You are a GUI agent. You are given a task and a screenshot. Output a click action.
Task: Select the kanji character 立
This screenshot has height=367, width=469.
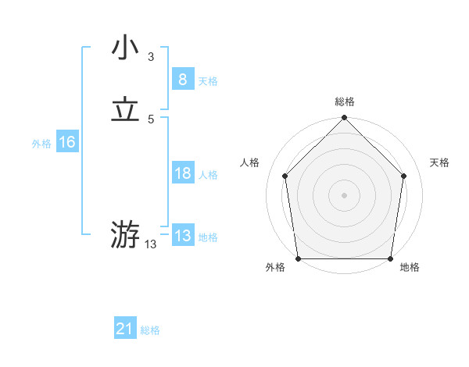click(x=125, y=110)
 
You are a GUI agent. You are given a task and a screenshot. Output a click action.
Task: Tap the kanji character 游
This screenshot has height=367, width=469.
click(x=125, y=233)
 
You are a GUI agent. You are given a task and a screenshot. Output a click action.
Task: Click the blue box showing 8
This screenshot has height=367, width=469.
click(x=182, y=80)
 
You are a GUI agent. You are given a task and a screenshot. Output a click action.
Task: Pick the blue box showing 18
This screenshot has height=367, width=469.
click(x=182, y=173)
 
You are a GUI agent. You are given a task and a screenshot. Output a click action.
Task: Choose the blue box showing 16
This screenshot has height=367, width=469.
click(x=66, y=142)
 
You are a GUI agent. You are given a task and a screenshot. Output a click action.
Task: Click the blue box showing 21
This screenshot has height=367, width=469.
click(x=124, y=330)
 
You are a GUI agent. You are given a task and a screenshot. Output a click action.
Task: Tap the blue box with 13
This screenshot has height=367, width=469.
click(x=182, y=236)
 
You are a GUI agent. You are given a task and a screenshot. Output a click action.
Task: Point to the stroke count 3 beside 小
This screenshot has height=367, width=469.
click(x=151, y=56)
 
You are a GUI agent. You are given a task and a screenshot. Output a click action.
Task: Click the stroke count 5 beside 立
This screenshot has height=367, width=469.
click(x=151, y=119)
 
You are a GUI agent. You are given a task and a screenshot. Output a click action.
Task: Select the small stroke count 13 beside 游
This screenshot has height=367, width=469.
click(x=150, y=244)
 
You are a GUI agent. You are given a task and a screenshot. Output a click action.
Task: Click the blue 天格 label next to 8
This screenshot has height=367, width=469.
click(x=208, y=81)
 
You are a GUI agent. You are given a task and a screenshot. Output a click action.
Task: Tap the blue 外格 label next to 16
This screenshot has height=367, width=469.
click(x=41, y=144)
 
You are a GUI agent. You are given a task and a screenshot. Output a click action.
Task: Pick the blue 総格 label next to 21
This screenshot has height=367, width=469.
click(x=150, y=331)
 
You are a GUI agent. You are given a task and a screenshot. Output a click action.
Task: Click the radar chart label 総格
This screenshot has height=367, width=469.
click(x=345, y=102)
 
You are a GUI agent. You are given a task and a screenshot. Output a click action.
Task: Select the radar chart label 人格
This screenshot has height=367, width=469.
click(x=250, y=162)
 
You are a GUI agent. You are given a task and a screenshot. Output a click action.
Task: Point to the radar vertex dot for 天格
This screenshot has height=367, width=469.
click(x=404, y=176)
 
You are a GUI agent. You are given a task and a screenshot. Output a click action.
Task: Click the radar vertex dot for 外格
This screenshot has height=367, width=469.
click(x=298, y=258)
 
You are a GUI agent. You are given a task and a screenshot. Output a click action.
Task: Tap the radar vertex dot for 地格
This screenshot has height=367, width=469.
click(x=391, y=258)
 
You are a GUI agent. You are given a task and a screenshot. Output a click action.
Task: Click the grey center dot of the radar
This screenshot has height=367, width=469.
click(x=344, y=194)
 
